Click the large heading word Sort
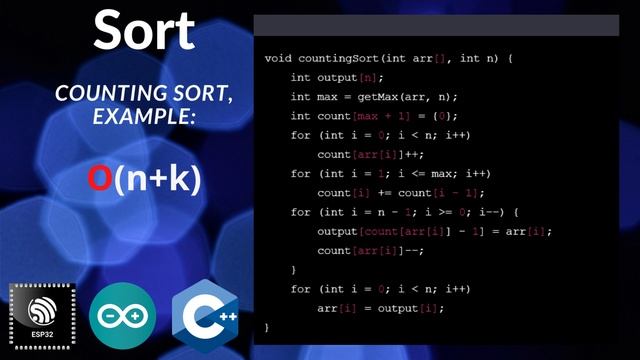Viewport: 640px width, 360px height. (x=144, y=31)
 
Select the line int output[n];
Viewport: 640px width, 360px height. (x=337, y=78)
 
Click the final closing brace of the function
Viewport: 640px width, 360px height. (x=267, y=327)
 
